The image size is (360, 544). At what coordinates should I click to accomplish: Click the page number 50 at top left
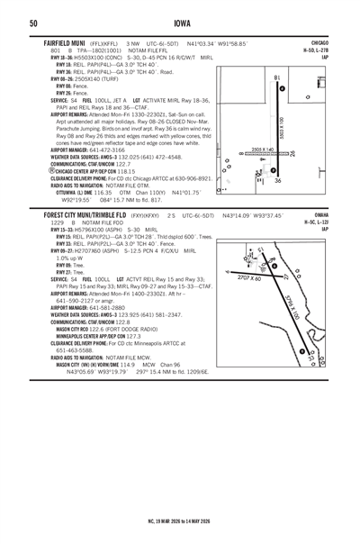pyautogui.click(x=8, y=23)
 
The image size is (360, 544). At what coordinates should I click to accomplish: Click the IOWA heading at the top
pyautogui.click(x=180, y=23)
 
